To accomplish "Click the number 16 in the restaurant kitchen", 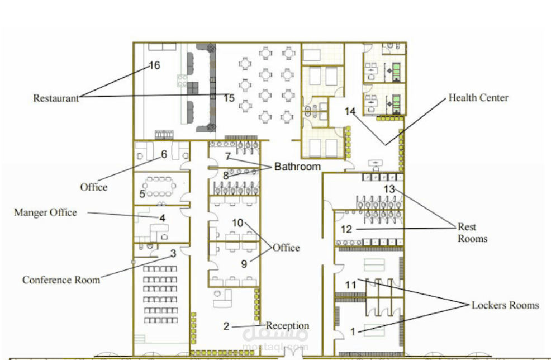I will [x=154, y=65].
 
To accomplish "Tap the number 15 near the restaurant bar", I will [x=229, y=98].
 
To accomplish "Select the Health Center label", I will [x=478, y=98].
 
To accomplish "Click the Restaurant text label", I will [x=55, y=98].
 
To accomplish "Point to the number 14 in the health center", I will [x=350, y=111].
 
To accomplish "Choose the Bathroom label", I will [x=297, y=167].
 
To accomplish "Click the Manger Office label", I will [x=45, y=212].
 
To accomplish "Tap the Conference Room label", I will [x=61, y=280].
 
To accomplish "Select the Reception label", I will [x=287, y=326].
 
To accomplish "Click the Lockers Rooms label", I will [x=505, y=305].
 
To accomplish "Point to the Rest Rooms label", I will [x=472, y=233].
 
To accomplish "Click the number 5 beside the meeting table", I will [x=142, y=194].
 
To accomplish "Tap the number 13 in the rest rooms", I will [x=389, y=189].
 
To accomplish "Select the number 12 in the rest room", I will [x=346, y=229].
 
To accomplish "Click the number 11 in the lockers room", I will [x=350, y=285].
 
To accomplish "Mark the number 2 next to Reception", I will [x=226, y=326].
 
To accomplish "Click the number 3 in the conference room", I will [x=173, y=253].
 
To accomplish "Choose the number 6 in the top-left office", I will [x=164, y=154].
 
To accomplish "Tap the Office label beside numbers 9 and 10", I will [x=286, y=248].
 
